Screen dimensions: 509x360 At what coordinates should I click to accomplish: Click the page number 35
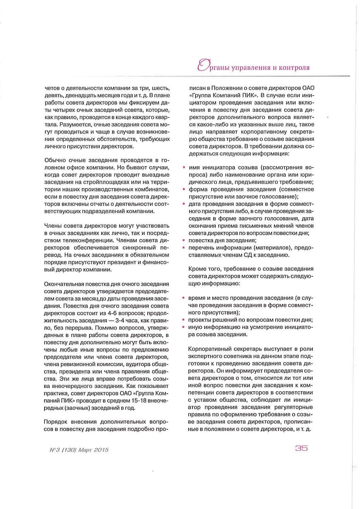click(301, 448)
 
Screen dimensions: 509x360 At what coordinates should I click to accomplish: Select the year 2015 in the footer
click(101, 450)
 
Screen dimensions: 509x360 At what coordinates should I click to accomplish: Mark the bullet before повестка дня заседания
click(184, 240)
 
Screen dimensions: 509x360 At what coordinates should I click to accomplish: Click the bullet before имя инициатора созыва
click(184, 168)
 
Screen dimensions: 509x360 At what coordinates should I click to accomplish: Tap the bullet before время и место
click(184, 298)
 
